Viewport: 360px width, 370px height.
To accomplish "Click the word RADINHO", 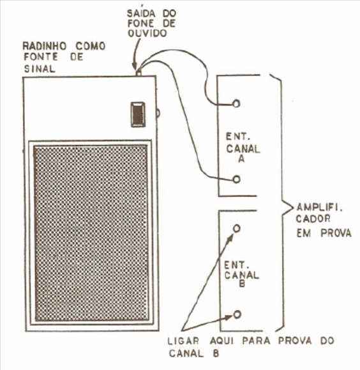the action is (x=45, y=46).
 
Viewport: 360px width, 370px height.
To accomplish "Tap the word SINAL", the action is (x=40, y=68).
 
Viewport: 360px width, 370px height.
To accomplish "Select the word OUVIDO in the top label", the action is (x=147, y=33).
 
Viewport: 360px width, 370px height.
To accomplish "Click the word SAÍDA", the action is (x=142, y=13).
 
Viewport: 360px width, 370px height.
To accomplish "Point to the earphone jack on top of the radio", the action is (x=139, y=73).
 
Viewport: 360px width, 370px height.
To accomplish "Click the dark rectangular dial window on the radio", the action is (x=138, y=114).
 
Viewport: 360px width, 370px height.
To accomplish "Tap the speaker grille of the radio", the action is (x=91, y=233).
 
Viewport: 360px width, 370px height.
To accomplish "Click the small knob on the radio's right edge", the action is (x=158, y=114).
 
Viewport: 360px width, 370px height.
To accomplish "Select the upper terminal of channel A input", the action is (x=236, y=104).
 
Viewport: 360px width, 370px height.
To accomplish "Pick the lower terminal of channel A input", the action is (x=236, y=180).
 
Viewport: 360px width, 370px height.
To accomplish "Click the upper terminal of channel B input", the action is (x=237, y=228).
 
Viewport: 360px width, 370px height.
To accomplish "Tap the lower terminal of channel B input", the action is (x=237, y=314).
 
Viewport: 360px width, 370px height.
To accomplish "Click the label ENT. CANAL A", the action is (x=243, y=148).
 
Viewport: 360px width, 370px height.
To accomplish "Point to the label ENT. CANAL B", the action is (x=241, y=274).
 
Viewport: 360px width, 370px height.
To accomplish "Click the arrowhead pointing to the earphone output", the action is (x=135, y=66).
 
